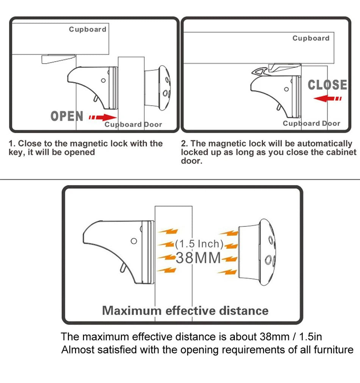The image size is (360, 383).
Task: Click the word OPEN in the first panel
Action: [x=67, y=116]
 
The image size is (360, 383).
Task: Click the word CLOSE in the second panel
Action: [x=327, y=85]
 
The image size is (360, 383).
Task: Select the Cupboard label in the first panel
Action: [x=88, y=29]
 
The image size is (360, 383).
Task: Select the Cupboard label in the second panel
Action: [x=311, y=38]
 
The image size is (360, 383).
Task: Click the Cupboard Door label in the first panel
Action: [x=133, y=124]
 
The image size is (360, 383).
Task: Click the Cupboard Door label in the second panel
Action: [x=311, y=123]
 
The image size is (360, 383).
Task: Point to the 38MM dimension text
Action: [x=198, y=258]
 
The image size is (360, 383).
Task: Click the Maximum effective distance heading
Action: [x=185, y=311]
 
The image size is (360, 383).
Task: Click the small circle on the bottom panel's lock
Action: [x=133, y=241]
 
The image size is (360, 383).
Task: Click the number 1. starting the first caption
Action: [x=12, y=144]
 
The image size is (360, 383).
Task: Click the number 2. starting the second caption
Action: [x=185, y=144]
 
